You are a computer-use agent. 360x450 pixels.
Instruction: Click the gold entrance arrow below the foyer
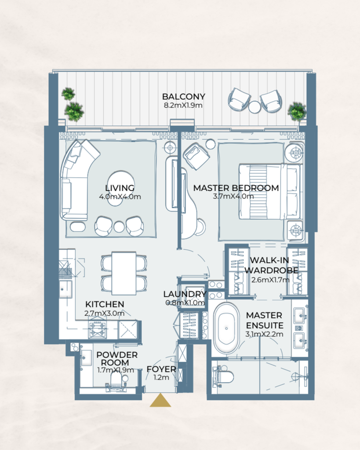160,401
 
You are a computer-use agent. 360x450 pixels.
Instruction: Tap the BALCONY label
183,97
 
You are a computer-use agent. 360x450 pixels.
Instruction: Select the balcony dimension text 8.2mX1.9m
183,105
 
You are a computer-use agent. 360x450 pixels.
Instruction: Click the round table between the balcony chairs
255,107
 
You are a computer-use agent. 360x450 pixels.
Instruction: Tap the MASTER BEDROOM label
236,188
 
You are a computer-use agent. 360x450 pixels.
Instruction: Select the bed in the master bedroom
269,191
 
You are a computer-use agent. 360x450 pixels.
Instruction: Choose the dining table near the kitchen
124,273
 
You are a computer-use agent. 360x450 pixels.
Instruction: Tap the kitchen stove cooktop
98,329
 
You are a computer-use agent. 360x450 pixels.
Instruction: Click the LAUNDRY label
185,294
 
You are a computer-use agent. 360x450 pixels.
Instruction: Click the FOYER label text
161,369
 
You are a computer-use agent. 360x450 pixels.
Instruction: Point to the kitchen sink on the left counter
66,289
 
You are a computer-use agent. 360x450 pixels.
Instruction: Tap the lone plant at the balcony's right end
297,111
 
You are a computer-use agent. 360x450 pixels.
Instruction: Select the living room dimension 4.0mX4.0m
120,196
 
